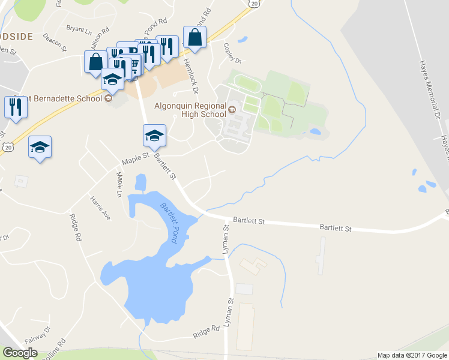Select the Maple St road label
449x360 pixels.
coord(135,159)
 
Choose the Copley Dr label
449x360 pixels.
coord(231,53)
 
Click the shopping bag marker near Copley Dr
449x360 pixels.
coord(195,37)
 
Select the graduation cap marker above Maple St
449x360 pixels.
coord(154,136)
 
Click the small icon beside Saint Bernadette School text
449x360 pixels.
coord(108,98)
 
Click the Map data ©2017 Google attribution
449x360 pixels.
coord(412,355)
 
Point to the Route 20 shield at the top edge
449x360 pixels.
coord(254,4)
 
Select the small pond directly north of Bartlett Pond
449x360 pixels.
coord(141,181)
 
